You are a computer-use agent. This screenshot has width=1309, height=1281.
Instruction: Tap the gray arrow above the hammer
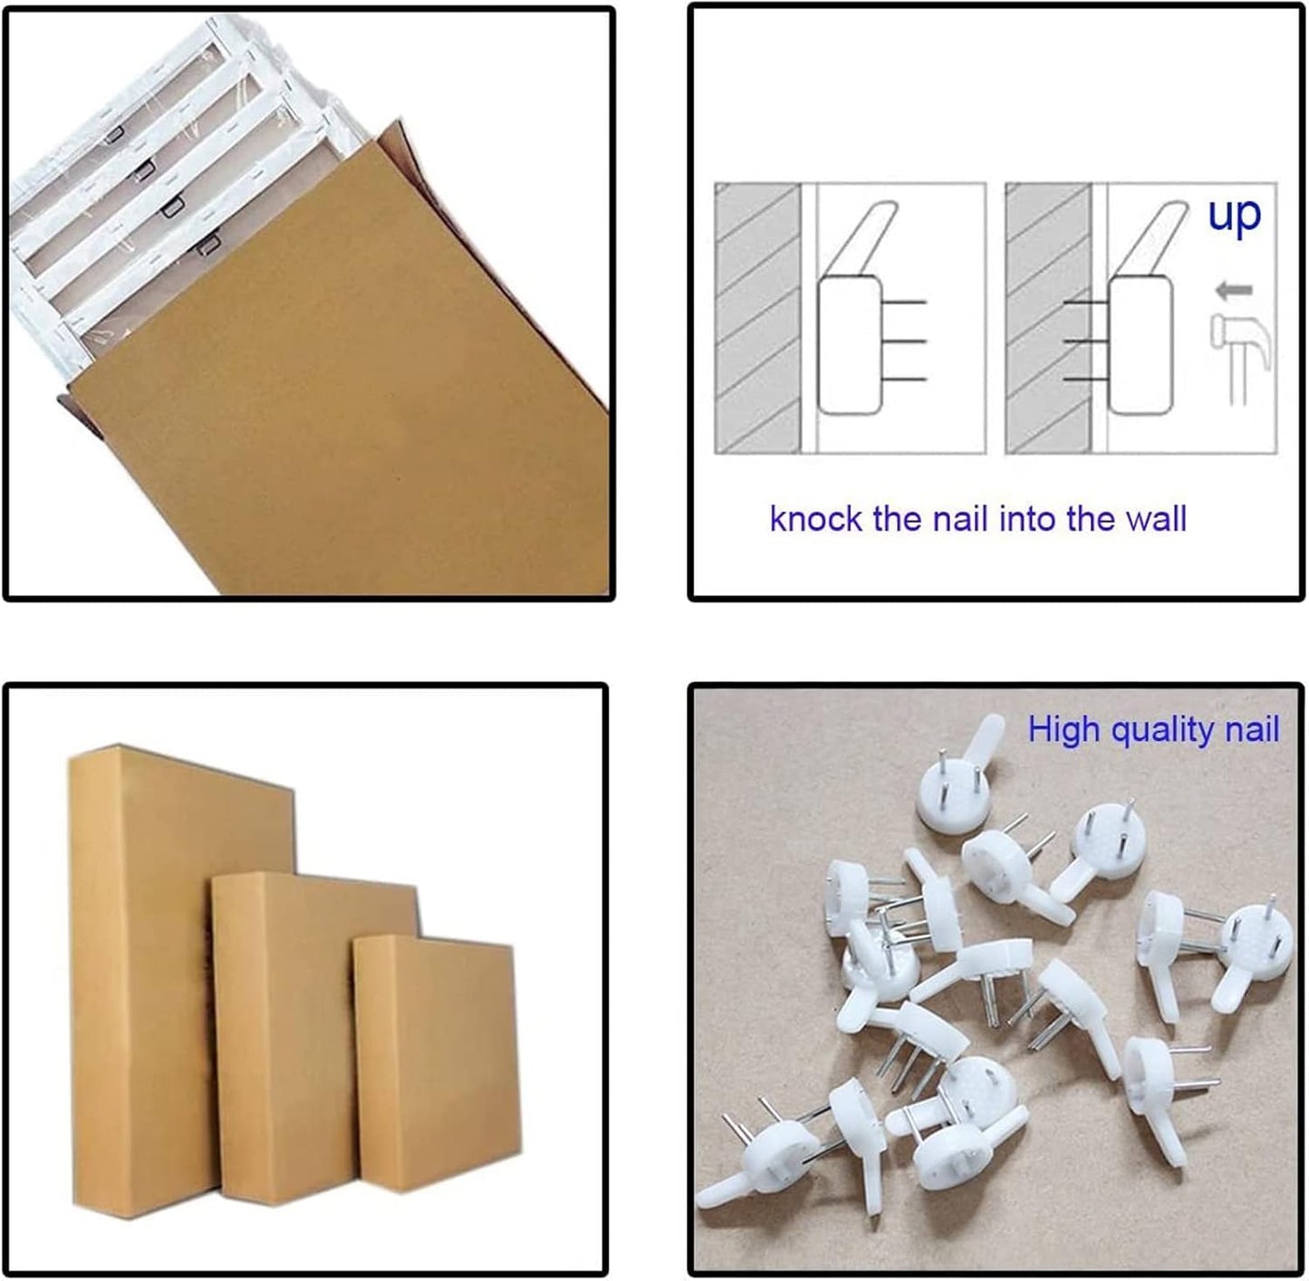1235,291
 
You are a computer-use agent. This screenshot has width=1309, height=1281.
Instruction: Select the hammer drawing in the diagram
1240,360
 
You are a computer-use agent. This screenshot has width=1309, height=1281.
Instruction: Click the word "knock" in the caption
814,519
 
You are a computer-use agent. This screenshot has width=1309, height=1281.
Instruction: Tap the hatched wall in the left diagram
757,318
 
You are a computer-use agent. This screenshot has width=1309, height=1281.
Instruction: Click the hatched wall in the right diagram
1049,318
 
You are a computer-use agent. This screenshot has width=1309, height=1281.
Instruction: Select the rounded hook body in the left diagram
850,344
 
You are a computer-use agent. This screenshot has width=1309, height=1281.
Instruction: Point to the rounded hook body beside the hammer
1141,344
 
